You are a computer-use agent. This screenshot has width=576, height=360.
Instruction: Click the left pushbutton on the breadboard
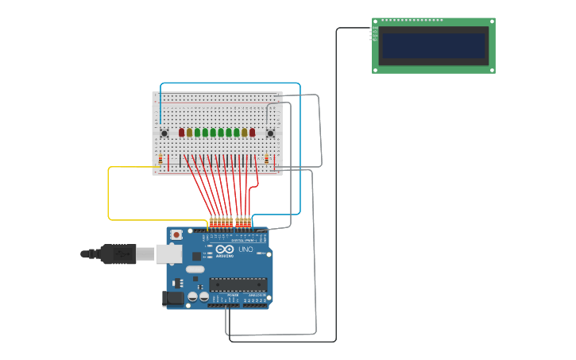(164, 133)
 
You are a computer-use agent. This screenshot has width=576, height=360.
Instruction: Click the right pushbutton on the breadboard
(270, 133)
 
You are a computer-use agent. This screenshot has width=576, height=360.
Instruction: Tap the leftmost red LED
(181, 133)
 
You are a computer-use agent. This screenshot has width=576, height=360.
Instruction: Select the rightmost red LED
(253, 133)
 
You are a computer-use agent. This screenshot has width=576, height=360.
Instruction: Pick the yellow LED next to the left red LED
(189, 133)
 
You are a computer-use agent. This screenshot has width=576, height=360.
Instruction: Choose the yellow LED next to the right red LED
(245, 133)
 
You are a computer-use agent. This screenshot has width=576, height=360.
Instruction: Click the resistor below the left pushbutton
(160, 160)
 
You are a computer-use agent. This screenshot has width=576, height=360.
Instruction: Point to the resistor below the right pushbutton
(267, 160)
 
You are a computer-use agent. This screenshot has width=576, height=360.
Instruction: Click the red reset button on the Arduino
(176, 235)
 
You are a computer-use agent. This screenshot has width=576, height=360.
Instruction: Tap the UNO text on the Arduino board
(245, 250)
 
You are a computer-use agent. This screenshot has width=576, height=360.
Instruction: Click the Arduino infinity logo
(225, 250)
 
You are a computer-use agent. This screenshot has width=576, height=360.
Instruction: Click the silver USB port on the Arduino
(168, 254)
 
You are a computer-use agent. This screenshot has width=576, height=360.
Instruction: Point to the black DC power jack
(172, 299)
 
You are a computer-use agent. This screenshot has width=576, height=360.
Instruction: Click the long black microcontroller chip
(238, 284)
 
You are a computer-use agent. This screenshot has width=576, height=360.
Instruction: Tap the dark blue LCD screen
(433, 45)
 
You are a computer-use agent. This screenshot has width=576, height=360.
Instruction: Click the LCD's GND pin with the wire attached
(372, 29)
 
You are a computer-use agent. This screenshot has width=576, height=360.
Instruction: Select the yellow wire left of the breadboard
(109, 195)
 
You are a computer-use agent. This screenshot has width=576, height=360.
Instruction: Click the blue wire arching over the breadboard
(230, 83)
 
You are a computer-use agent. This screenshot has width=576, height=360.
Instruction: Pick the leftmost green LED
(197, 133)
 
